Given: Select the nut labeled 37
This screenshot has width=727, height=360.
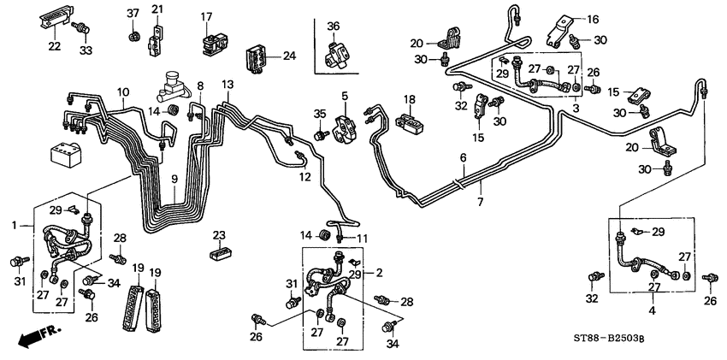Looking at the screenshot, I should click(x=133, y=37).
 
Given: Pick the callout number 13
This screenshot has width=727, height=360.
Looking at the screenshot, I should click(x=227, y=84).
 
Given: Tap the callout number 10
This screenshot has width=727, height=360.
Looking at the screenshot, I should click(x=123, y=91).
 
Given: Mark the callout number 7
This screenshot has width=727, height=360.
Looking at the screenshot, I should click(x=480, y=203).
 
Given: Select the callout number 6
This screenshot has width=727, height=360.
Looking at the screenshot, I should click(x=463, y=158).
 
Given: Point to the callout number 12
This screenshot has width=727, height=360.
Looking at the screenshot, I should click(x=305, y=177).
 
